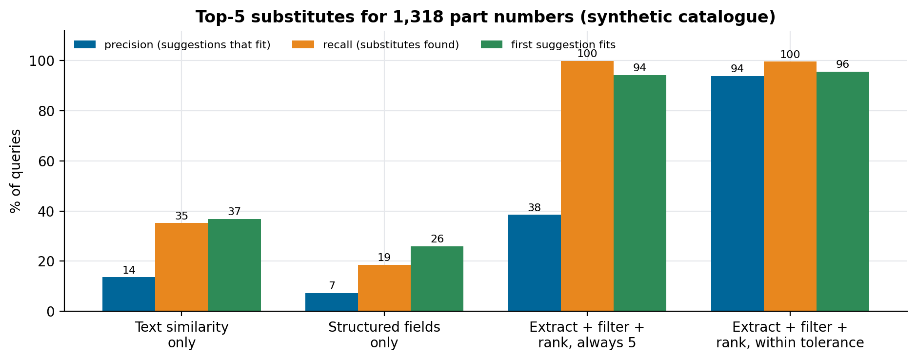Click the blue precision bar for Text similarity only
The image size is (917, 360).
click(129, 294)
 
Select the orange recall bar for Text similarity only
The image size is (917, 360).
click(181, 267)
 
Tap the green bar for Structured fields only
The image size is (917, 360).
click(437, 279)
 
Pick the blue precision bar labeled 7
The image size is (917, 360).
click(332, 302)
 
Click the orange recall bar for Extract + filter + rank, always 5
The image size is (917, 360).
click(587, 186)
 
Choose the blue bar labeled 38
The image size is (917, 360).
click(535, 263)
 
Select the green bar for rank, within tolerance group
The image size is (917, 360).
click(843, 191)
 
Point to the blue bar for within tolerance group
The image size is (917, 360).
click(738, 194)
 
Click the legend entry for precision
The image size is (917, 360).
click(172, 45)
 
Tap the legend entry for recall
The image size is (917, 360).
click(376, 45)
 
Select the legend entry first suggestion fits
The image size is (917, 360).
click(548, 45)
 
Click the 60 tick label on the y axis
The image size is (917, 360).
click(46, 161)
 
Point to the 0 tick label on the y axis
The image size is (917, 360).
click(51, 312)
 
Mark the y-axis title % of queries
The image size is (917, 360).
click(16, 171)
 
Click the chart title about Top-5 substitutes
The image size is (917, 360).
click(485, 17)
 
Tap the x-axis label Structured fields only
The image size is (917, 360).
click(384, 335)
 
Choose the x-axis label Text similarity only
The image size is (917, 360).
click(181, 335)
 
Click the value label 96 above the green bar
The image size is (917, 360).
click(842, 64)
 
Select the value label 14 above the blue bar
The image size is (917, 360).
click(129, 270)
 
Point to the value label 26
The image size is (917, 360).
click(437, 239)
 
